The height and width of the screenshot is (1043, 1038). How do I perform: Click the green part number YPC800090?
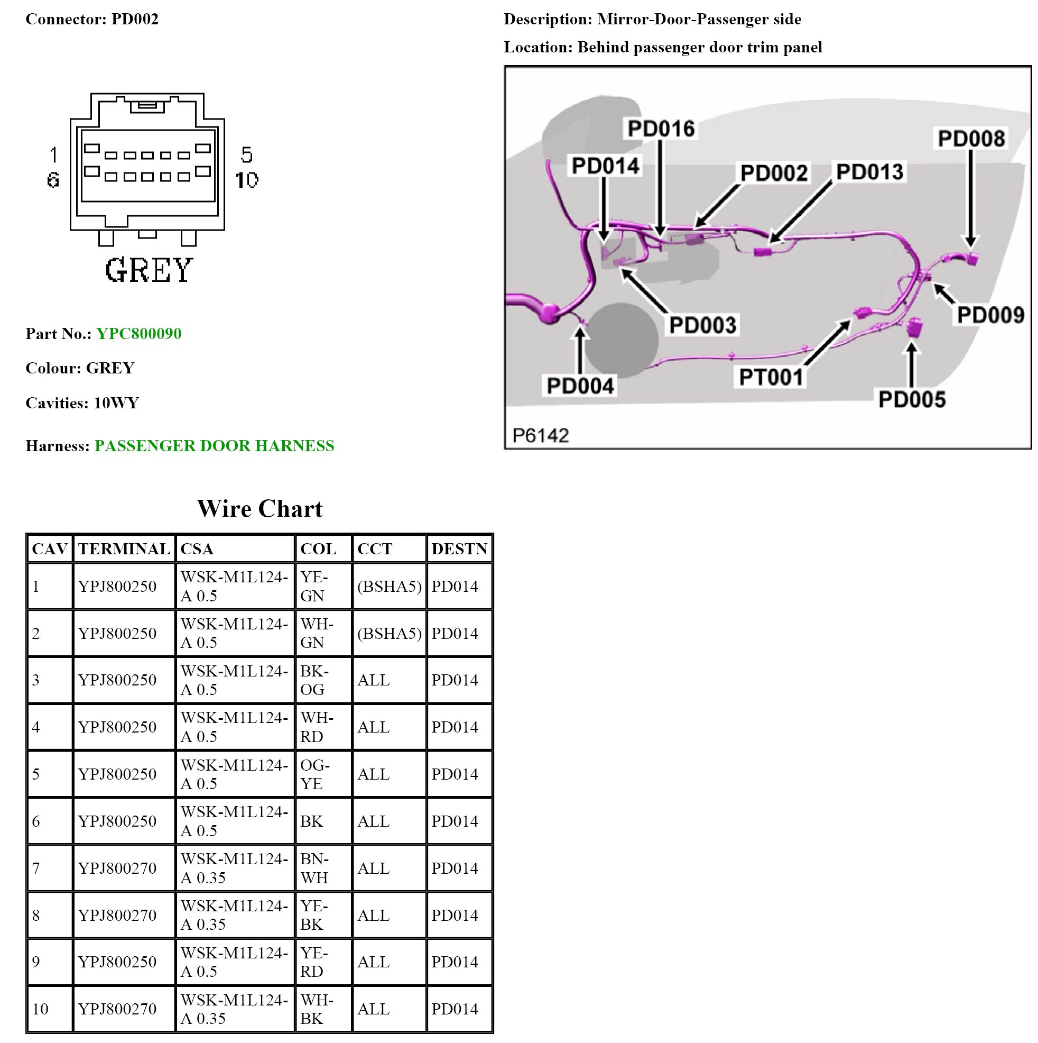[138, 334]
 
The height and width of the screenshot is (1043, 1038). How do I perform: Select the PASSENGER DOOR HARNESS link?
[214, 446]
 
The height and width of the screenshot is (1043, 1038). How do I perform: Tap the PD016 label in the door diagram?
[661, 129]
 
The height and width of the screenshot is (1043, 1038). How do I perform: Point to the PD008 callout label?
[971, 139]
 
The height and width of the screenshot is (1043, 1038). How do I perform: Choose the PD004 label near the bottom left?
[580, 386]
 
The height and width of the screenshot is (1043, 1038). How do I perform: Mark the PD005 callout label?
[912, 399]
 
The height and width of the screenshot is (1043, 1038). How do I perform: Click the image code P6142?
[541, 436]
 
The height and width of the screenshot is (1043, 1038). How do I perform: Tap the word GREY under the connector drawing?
[149, 270]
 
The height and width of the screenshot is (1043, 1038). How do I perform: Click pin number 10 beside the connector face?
[247, 180]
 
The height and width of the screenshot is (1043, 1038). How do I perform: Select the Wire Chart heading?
[259, 509]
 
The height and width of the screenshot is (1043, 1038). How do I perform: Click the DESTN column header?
[459, 549]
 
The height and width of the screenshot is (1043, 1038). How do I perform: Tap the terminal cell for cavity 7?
[117, 868]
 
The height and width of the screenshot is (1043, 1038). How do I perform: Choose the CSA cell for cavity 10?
[235, 1009]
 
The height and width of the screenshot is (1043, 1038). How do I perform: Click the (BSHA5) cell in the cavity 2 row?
[389, 633]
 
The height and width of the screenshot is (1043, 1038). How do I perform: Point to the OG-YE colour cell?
[314, 774]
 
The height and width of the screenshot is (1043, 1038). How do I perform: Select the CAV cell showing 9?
[36, 962]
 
